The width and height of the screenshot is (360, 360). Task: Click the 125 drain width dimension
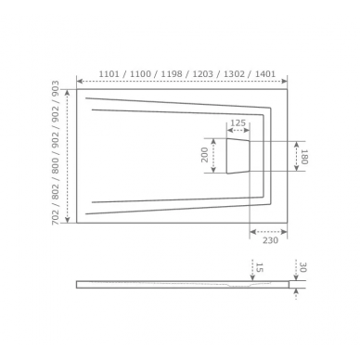(x=238, y=122)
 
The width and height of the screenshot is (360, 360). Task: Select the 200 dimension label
(x=205, y=155)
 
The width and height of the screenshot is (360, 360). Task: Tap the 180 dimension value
(x=303, y=157)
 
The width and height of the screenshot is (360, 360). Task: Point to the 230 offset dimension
(x=270, y=240)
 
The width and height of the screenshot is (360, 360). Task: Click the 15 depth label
(x=259, y=267)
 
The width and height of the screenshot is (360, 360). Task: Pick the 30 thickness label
(x=302, y=267)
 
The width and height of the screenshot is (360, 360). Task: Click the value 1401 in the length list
(x=265, y=74)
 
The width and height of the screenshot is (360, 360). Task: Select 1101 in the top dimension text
(x=109, y=74)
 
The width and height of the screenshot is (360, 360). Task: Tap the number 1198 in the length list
(x=172, y=74)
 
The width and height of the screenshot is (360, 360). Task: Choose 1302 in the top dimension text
(x=234, y=74)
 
